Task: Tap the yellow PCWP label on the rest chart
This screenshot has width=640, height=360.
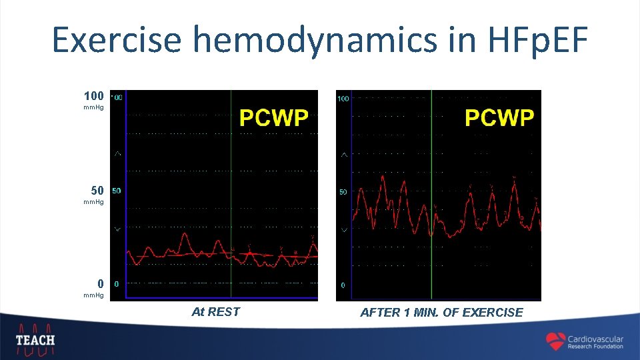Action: tap(273, 119)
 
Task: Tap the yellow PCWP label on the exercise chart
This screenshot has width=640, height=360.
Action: tap(499, 119)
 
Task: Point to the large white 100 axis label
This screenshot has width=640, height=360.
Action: tap(93, 96)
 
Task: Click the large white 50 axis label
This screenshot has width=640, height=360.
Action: tap(97, 191)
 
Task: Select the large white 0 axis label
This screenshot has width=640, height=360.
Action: tap(100, 283)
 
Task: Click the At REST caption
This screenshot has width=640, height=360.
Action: tap(215, 311)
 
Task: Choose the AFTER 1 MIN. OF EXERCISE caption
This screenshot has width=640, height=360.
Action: tap(441, 312)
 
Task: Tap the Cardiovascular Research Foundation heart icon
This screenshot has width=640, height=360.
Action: tap(555, 341)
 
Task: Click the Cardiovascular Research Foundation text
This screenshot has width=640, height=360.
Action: tap(595, 342)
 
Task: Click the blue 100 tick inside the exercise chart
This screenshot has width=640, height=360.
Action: tap(343, 99)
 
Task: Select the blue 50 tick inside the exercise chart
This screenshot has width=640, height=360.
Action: tap(343, 192)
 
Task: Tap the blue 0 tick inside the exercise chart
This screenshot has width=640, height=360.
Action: tap(343, 285)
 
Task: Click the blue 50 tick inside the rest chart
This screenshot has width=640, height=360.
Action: tap(117, 191)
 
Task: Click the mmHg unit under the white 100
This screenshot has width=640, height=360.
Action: tap(93, 107)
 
